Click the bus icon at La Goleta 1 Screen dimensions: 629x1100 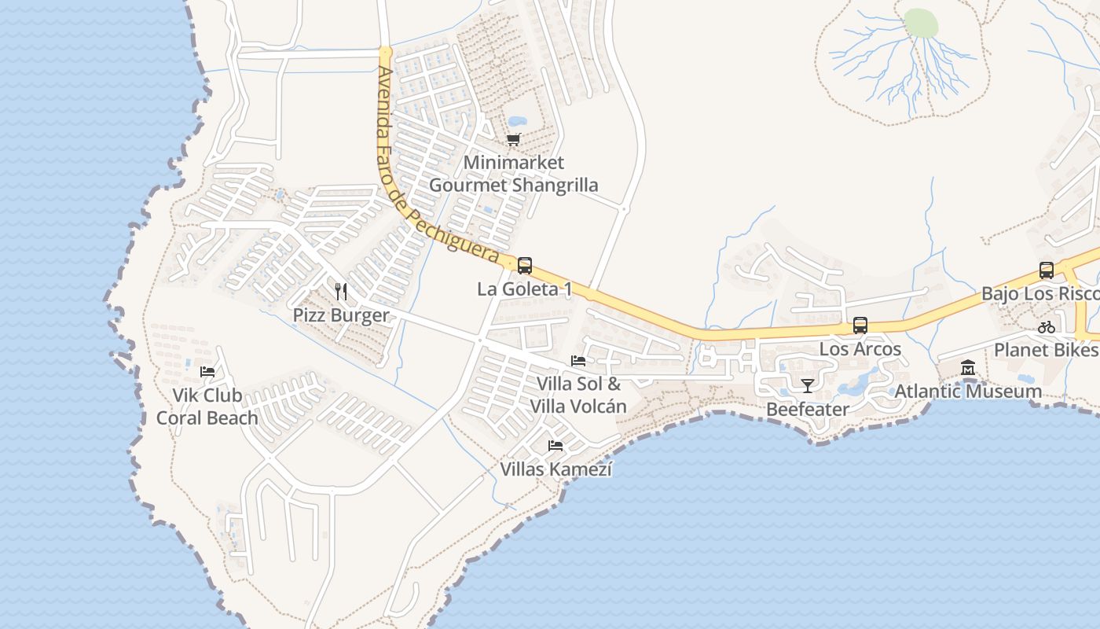click(x=525, y=266)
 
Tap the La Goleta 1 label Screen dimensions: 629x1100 click(x=524, y=289)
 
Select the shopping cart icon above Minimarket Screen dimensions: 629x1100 click(x=513, y=140)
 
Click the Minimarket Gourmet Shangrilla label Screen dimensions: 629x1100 click(x=513, y=174)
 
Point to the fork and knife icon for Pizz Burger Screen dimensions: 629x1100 click(x=341, y=292)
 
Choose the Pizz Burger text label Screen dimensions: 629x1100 click(x=341, y=315)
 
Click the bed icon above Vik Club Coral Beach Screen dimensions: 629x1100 click(x=207, y=371)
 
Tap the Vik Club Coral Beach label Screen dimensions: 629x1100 click(x=207, y=406)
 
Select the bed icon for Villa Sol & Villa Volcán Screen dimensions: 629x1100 click(x=578, y=361)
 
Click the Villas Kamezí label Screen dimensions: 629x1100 click(x=556, y=469)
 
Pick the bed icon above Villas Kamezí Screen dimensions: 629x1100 click(x=555, y=446)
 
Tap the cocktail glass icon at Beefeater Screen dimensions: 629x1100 click(x=807, y=385)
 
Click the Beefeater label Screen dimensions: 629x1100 click(x=807, y=409)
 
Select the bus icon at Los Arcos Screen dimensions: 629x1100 click(x=860, y=325)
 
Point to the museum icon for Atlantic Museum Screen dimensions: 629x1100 click(x=968, y=367)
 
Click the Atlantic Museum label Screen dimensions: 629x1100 click(x=968, y=391)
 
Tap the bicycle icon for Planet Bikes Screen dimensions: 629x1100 click(x=1046, y=327)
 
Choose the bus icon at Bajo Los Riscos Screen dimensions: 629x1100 click(x=1047, y=270)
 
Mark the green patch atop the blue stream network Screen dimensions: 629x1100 click(x=921, y=24)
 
